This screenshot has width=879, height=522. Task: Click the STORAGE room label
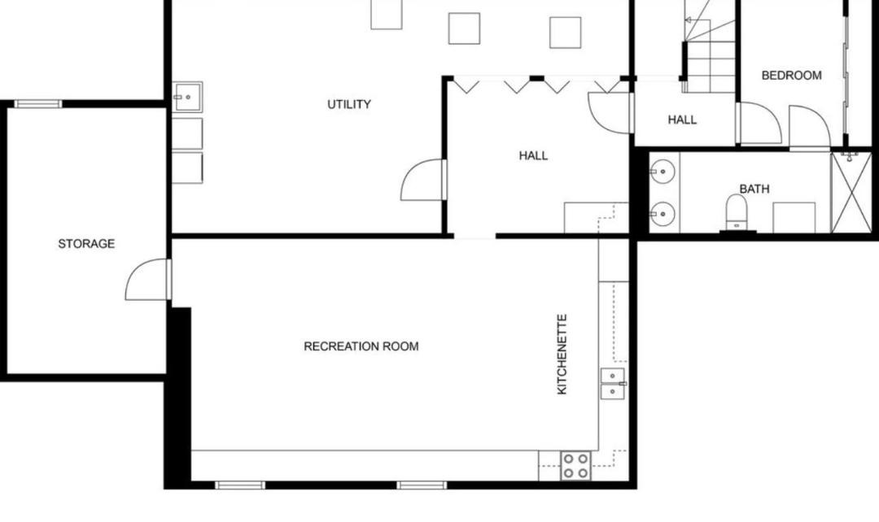click(x=86, y=244)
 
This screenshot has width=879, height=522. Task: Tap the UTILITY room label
click(x=348, y=104)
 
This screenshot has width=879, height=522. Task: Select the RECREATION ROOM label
click(x=361, y=346)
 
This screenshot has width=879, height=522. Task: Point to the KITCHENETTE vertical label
click(x=562, y=354)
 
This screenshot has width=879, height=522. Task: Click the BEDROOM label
click(x=792, y=75)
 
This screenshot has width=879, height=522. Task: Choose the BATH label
click(x=754, y=189)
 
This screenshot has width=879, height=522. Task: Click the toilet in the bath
click(x=737, y=211)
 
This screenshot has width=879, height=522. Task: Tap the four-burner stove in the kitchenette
click(x=576, y=466)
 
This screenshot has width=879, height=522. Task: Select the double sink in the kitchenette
click(x=613, y=384)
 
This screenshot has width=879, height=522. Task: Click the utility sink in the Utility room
click(x=187, y=97)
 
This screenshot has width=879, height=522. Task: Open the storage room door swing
click(x=147, y=279)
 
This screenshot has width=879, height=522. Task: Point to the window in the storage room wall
click(x=37, y=103)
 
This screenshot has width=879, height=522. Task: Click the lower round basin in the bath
click(x=663, y=213)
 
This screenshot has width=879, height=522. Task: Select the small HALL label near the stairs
click(x=682, y=120)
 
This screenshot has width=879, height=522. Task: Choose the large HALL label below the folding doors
click(x=533, y=155)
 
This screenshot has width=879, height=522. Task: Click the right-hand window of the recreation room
click(x=422, y=485)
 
